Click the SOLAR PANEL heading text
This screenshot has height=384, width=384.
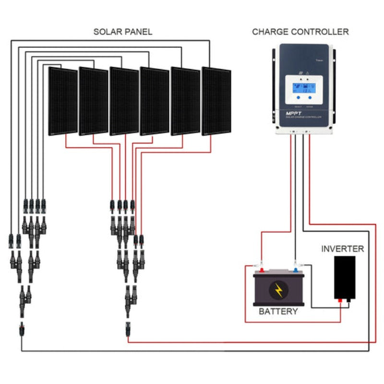[122, 32]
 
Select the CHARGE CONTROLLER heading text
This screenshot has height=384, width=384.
[300, 32]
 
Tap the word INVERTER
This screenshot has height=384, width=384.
[342, 249]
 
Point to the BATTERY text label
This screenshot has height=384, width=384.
[278, 312]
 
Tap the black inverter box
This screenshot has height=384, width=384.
[345, 276]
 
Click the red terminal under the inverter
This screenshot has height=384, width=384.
[340, 301]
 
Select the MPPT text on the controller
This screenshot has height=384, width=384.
[294, 114]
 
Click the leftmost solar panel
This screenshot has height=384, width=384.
[63, 101]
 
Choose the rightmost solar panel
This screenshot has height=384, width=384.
[216, 101]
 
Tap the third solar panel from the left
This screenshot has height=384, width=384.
[124, 101]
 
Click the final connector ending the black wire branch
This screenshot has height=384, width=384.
[22, 330]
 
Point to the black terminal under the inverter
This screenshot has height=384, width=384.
[348, 301]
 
